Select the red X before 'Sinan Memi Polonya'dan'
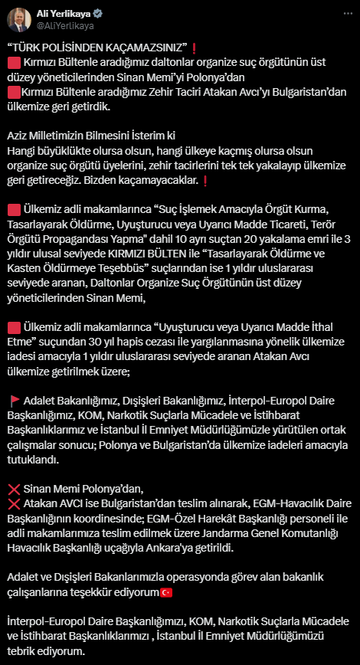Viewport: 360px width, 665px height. coord(13,489)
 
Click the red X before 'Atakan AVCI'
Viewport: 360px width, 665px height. coord(13,503)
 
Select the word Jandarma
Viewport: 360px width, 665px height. coord(214,535)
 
